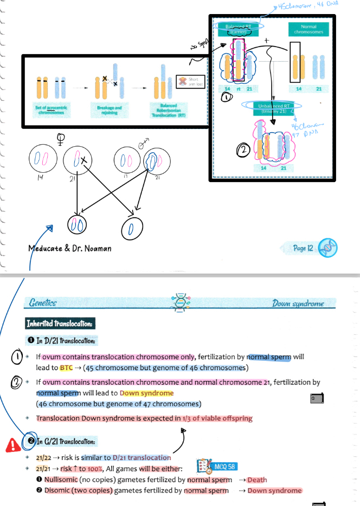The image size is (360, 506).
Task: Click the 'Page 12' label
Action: pos(303,248)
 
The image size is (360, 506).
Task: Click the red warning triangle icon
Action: pos(12,445)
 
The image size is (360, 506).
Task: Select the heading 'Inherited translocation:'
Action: pos(60,323)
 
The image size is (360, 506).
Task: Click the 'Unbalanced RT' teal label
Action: pos(276,108)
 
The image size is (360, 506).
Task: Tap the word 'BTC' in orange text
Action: pos(66,367)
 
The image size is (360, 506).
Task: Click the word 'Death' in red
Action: pos(257,479)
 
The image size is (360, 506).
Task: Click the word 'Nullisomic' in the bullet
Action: pos(60,479)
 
